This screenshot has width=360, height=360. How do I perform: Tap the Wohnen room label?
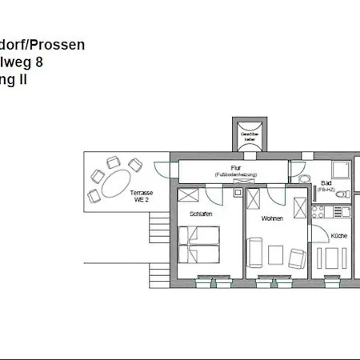tap(272, 218)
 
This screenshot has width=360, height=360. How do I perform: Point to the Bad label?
tap(326, 183)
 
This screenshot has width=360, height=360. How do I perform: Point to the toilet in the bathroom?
tap(304, 178)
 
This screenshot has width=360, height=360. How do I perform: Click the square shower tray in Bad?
tap(342, 169)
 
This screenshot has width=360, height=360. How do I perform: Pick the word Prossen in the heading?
tap(56, 46)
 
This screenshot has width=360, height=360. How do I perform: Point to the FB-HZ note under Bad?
tap(326, 190)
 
